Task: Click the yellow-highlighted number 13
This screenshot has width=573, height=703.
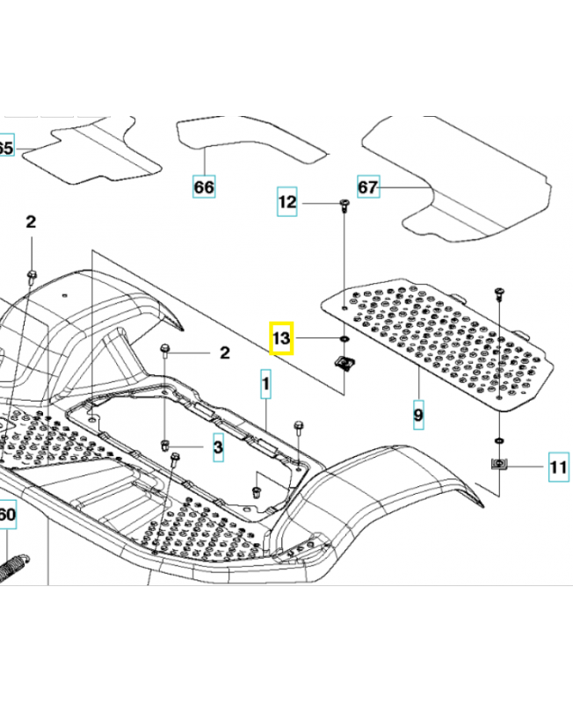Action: point(281,337)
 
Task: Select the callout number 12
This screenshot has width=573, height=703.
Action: point(287,202)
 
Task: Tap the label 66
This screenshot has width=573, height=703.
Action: point(203,186)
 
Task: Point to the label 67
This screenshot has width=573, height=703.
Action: point(367,187)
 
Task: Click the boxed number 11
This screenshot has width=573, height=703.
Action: point(558,467)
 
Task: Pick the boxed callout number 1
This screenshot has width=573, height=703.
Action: point(265,384)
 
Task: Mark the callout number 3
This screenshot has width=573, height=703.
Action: point(217,447)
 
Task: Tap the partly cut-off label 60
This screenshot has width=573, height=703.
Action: point(6,514)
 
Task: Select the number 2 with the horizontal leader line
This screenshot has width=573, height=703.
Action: point(224,353)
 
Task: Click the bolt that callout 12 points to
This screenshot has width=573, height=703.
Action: point(342,207)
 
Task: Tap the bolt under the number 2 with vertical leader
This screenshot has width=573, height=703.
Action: point(31,278)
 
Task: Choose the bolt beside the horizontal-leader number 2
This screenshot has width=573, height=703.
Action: point(166,352)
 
